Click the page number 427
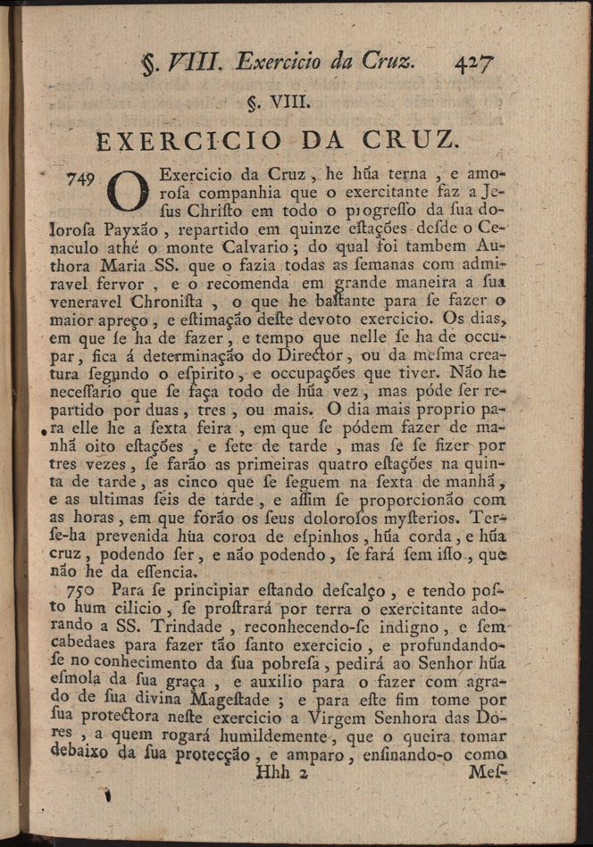474,62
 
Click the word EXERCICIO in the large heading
189,141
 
